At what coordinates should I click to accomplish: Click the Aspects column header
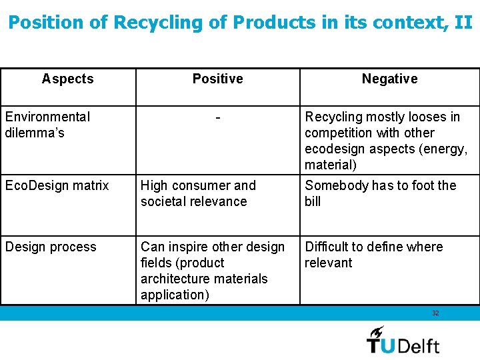(x=67, y=79)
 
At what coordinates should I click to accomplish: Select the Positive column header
(x=217, y=79)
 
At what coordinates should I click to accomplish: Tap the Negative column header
(x=389, y=79)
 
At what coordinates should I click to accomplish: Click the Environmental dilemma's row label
(x=47, y=125)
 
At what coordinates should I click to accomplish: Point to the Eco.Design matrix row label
(x=57, y=185)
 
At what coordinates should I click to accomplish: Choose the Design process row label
(x=51, y=247)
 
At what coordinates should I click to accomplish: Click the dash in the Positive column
(x=218, y=118)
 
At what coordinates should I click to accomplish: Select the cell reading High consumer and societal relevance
(x=198, y=193)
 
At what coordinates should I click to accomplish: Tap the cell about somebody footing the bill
(x=380, y=193)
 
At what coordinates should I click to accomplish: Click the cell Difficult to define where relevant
(x=373, y=255)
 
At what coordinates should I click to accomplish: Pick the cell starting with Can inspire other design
(x=212, y=271)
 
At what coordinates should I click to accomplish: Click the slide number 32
(x=435, y=313)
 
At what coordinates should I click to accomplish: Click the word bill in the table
(x=313, y=201)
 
